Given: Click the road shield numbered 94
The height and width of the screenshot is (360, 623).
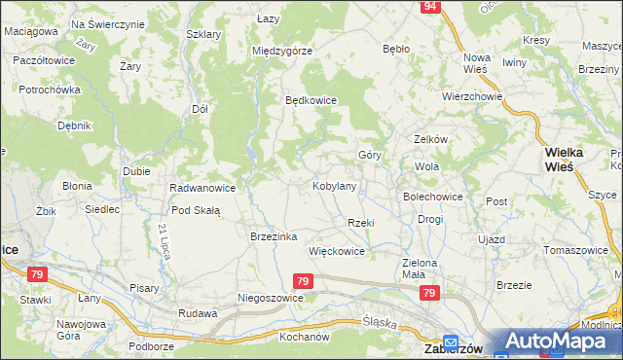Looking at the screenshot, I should tap(430, 7).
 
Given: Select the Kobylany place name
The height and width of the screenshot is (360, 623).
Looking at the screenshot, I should tap(334, 185).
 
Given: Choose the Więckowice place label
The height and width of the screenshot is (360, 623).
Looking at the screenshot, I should tap(336, 251).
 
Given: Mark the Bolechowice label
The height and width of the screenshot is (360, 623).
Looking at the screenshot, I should tap(433, 196).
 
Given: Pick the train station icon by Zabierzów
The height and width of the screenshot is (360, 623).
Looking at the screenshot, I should tap(451, 342).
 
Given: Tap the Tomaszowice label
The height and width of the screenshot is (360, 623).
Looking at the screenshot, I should tap(576, 250).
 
